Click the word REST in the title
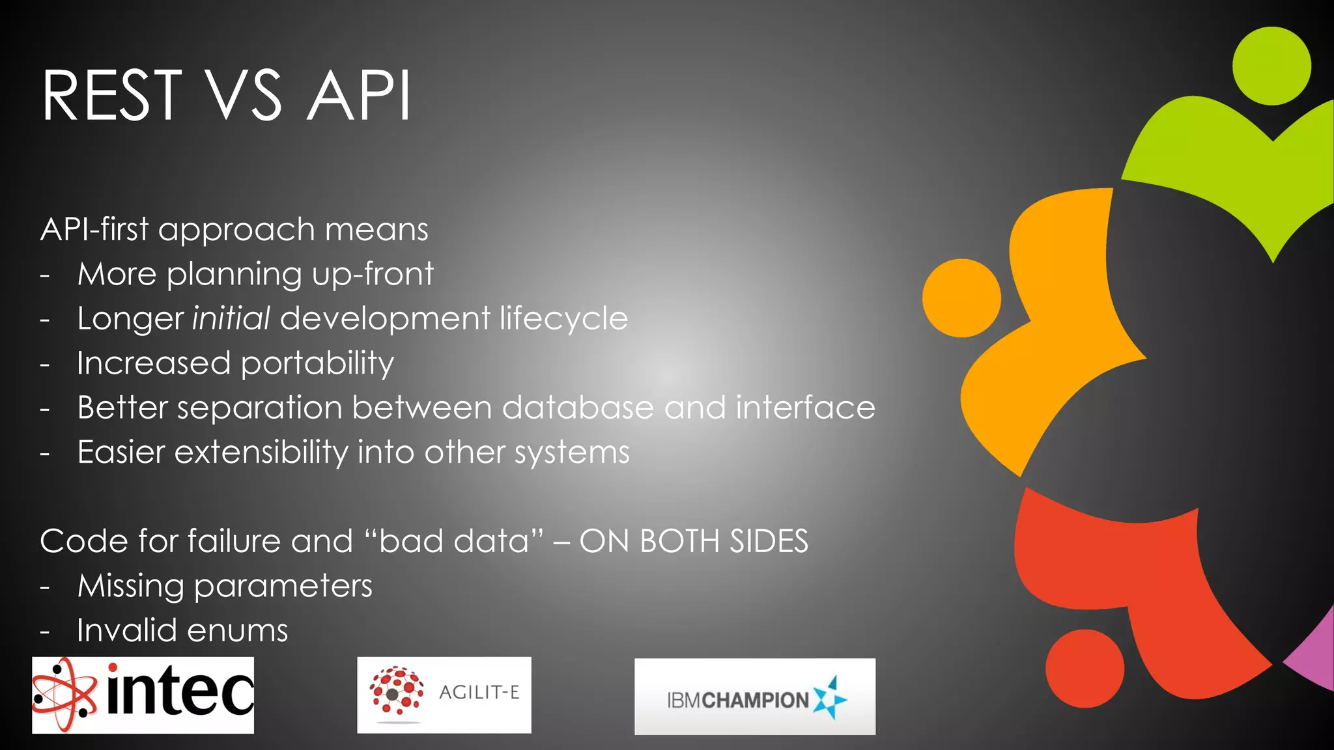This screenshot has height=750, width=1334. [x=111, y=96]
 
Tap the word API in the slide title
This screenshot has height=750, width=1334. [x=359, y=96]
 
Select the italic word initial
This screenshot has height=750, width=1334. [x=231, y=318]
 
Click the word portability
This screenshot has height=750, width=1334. [x=317, y=363]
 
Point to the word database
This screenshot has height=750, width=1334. [x=578, y=408]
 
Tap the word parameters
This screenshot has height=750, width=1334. [x=283, y=586]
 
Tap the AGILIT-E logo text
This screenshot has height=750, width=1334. [x=479, y=692]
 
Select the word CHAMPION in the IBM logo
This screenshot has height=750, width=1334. [x=756, y=701]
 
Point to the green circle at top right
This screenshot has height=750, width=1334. [x=1271, y=66]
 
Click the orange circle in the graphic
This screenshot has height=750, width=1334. [x=961, y=298]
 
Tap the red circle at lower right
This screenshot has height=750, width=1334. [x=1085, y=668]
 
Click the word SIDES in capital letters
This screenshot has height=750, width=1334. [x=769, y=541]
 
